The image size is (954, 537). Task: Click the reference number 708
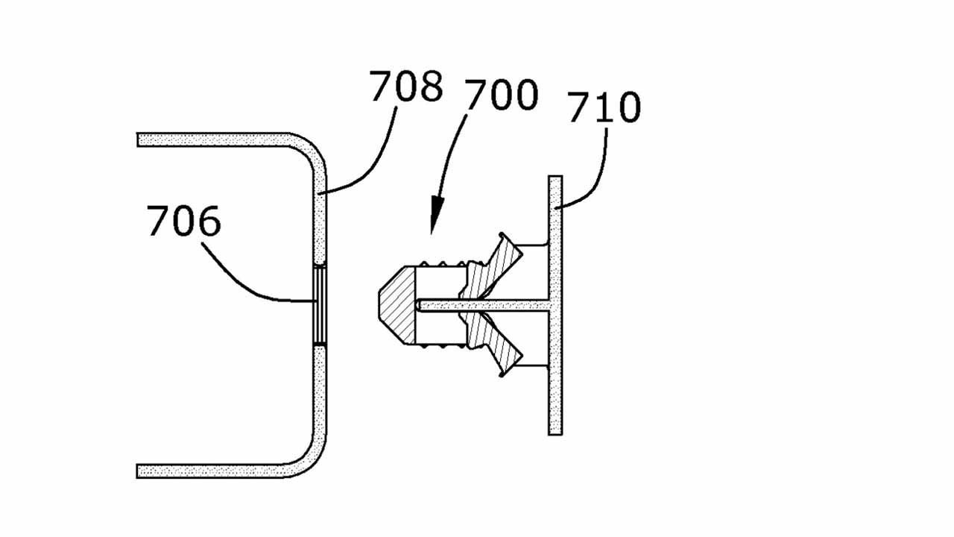406,87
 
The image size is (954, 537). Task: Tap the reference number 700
502,95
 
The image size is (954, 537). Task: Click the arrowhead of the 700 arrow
436,216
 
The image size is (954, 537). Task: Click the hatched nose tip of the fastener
397,305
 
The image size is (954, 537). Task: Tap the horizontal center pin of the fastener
482,305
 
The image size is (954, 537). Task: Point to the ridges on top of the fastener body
443,263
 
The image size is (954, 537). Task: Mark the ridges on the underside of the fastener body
443,347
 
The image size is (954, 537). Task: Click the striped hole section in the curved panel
320,305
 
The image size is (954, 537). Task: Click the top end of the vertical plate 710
555,177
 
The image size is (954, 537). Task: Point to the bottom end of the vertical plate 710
555,434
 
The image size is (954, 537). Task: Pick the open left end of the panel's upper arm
138,139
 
